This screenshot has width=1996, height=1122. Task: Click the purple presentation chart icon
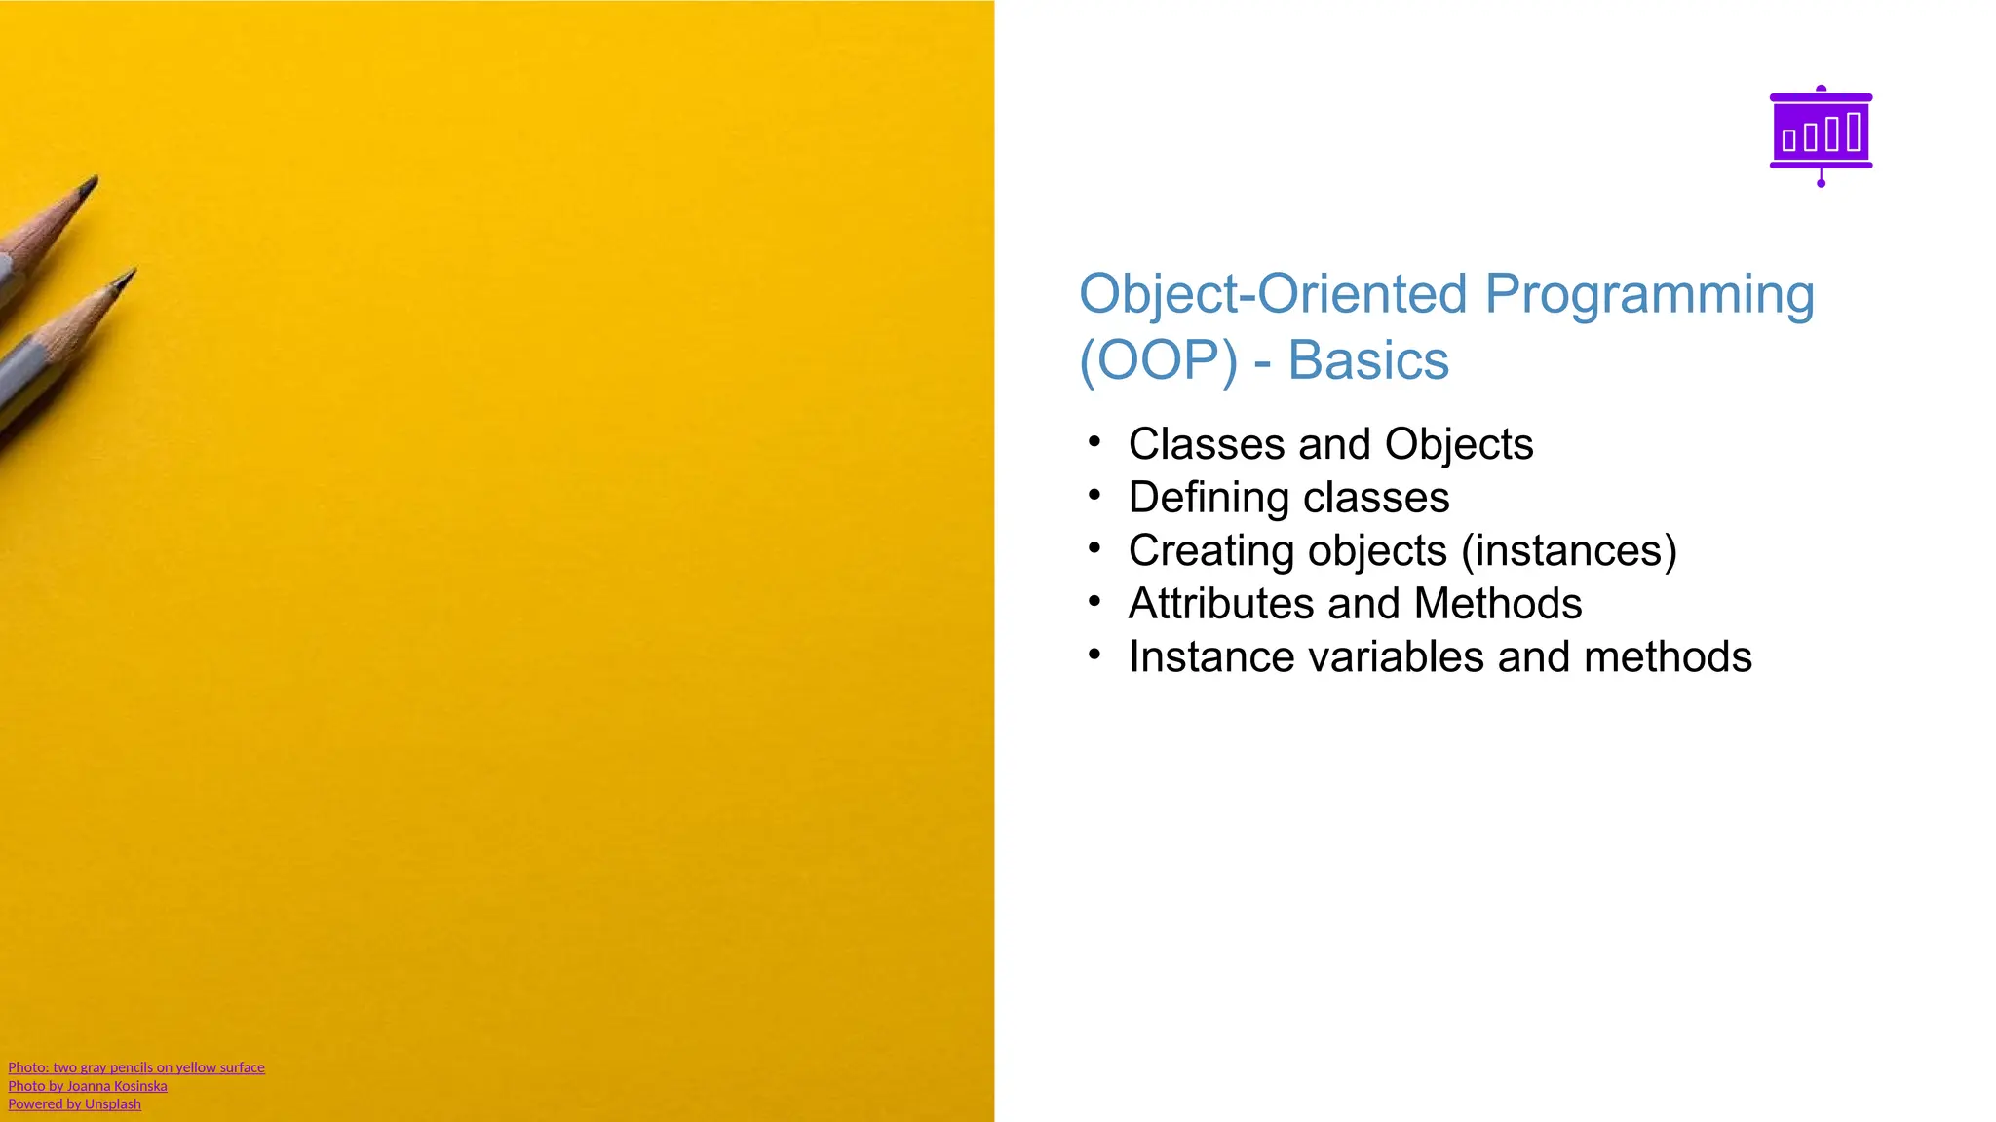[1821, 133]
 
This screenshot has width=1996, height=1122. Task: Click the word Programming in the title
[1649, 294]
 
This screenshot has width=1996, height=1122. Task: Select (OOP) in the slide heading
[1158, 360]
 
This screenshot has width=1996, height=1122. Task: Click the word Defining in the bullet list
[1209, 498]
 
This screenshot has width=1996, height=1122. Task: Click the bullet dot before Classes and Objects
[1094, 443]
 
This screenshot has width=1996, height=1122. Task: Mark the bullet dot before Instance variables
[1094, 655]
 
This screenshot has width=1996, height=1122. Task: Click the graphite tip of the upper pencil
[92, 183]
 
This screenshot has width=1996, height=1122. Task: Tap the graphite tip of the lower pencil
[128, 277]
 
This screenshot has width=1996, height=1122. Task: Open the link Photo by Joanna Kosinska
[88, 1086]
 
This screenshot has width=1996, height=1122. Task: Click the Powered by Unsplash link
[74, 1104]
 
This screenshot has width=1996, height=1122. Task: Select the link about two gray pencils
[136, 1067]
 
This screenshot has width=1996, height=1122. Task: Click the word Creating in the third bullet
[1210, 550]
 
